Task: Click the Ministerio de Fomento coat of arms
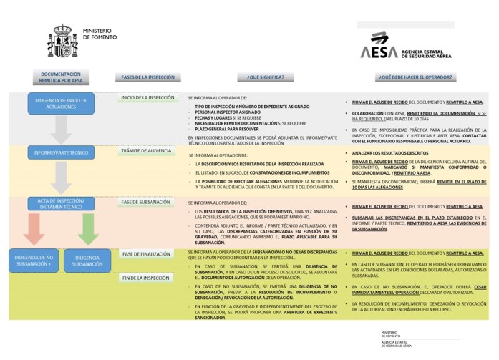click(62, 42)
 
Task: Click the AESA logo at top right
click(379, 45)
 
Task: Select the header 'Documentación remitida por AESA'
click(61, 77)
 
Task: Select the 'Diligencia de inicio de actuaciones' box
click(61, 104)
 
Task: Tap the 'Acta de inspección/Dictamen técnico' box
click(61, 203)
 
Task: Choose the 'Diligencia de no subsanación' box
click(34, 260)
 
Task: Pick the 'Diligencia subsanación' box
click(87, 260)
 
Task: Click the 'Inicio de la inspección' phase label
click(147, 98)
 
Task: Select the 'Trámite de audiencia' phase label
click(147, 151)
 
